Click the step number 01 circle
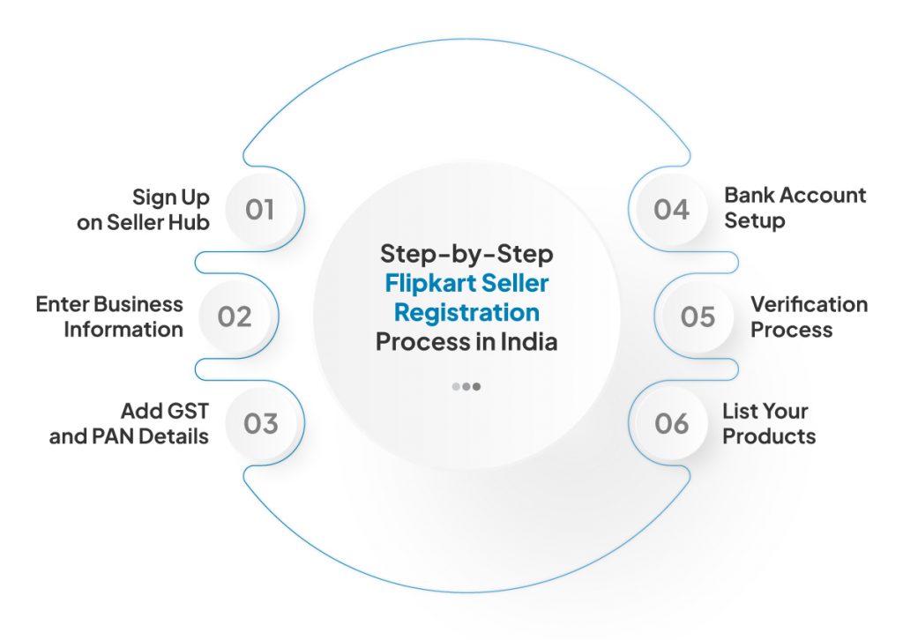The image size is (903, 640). click(260, 210)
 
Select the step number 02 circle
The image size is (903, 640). click(235, 316)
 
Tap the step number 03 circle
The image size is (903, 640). click(260, 423)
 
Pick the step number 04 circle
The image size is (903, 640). click(671, 210)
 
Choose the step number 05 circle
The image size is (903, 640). click(698, 316)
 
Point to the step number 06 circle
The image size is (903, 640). click(671, 423)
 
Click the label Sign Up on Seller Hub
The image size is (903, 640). click(144, 209)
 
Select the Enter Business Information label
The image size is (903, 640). click(109, 316)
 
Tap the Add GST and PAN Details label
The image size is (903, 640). click(129, 423)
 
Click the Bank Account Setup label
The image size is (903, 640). click(795, 208)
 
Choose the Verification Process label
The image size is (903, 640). click(809, 316)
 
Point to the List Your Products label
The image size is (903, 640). click(768, 423)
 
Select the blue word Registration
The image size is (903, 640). click(466, 312)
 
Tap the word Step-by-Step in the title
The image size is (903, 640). click(466, 254)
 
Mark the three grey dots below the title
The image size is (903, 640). click(466, 386)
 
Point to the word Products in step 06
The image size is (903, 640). click(769, 435)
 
